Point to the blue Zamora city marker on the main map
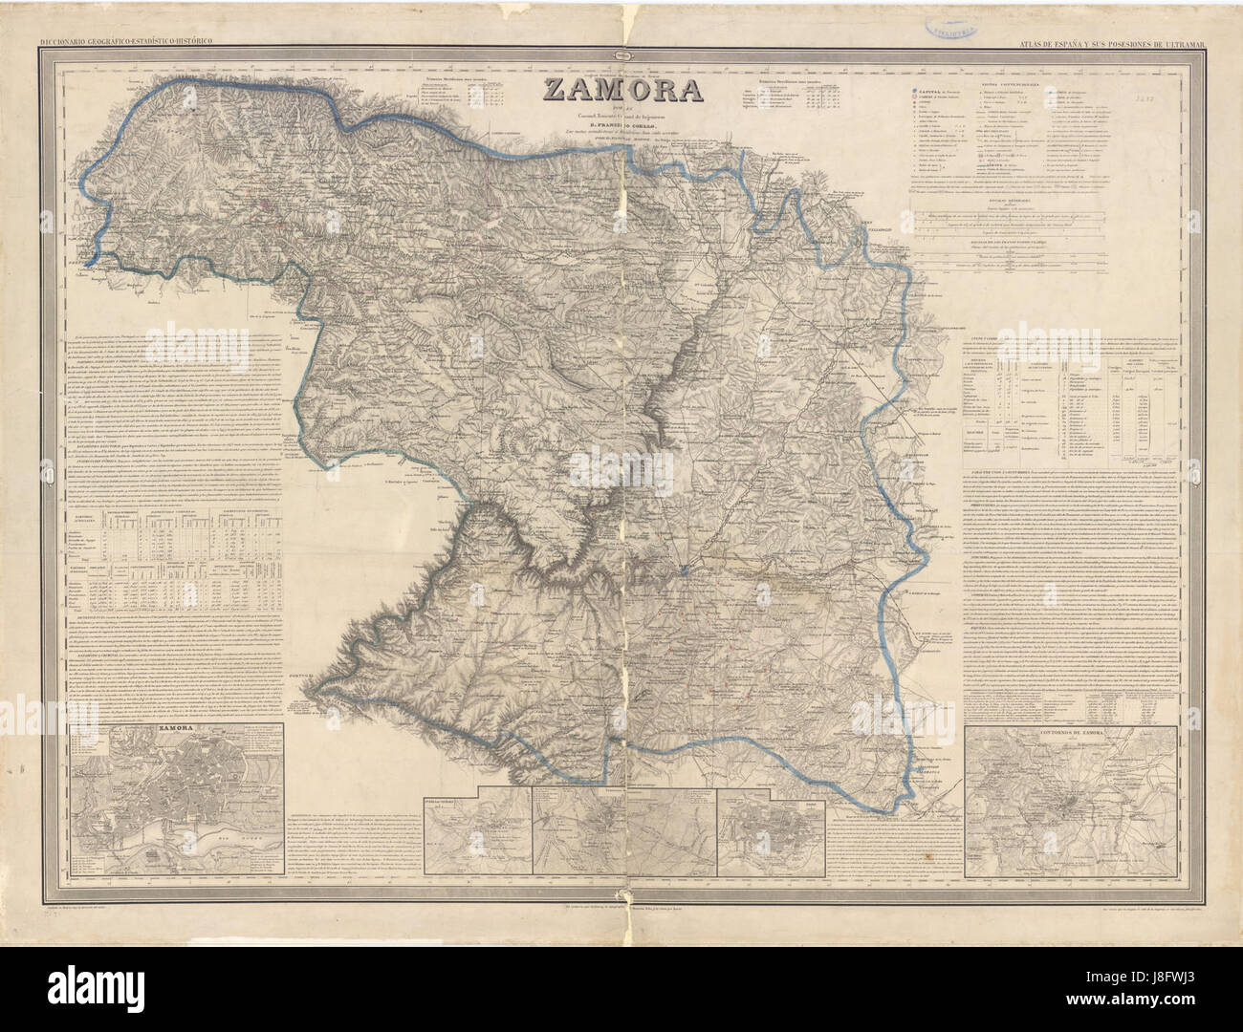(x=685, y=571)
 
